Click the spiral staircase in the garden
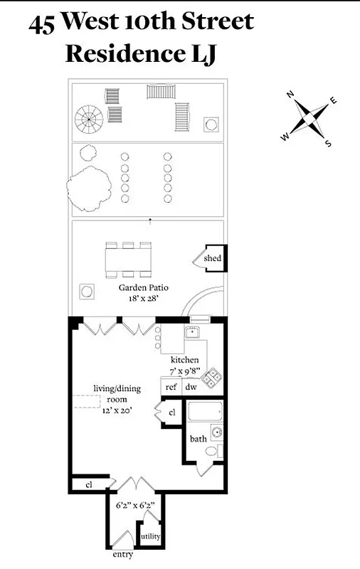pyautogui.click(x=90, y=116)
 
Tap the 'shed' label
pyautogui.click(x=212, y=258)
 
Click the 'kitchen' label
pyautogui.click(x=184, y=360)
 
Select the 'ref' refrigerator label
pyautogui.click(x=171, y=387)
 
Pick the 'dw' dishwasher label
pyautogui.click(x=191, y=387)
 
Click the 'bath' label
pyautogui.click(x=198, y=439)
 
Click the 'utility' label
pyautogui.click(x=150, y=536)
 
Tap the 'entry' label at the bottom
pyautogui.click(x=122, y=554)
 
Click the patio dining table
pyautogui.click(x=129, y=257)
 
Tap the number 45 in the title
pyautogui.click(x=42, y=25)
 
